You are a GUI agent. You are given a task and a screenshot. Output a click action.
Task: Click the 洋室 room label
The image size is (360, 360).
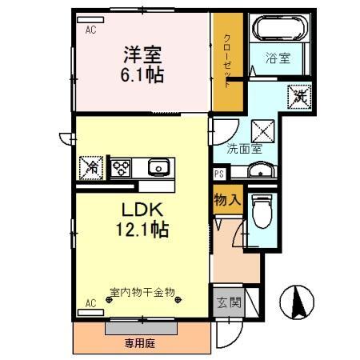[x=142, y=56]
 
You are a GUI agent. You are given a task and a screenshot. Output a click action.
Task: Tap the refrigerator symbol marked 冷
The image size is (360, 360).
[x=91, y=168]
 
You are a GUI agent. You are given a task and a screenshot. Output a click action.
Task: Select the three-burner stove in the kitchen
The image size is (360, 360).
[x=121, y=168]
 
